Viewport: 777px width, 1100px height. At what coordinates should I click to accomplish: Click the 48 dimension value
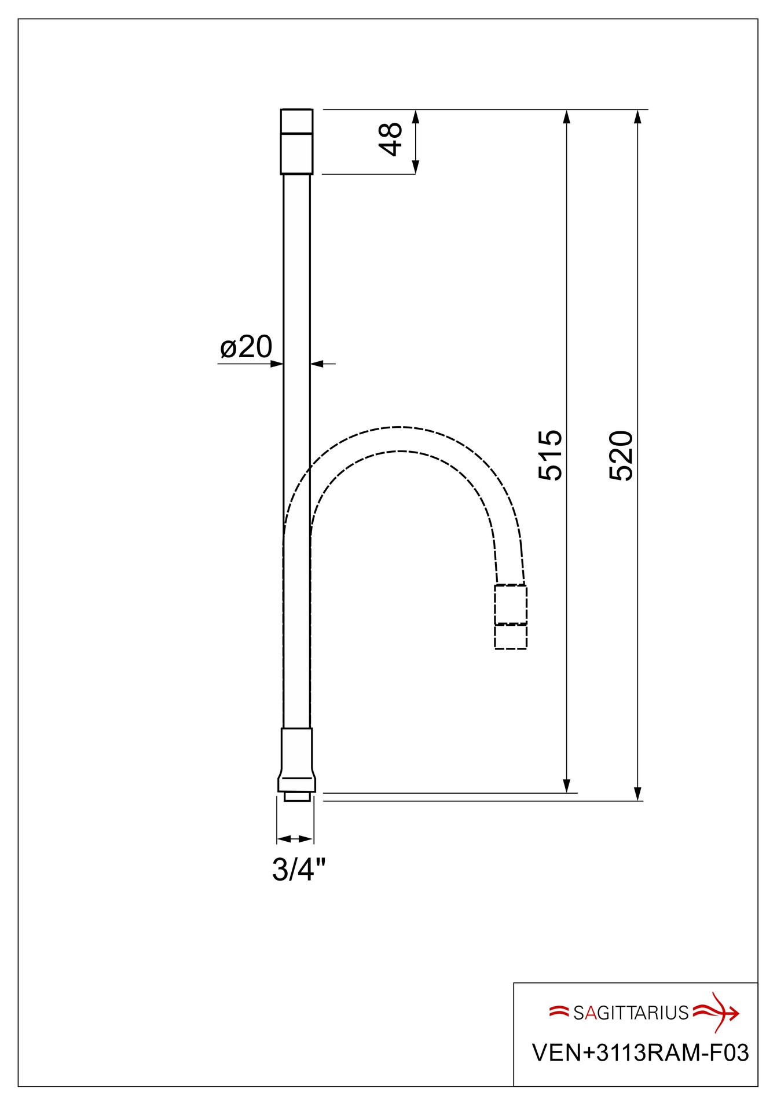pyautogui.click(x=393, y=140)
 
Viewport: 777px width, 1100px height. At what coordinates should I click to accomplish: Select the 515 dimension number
pyautogui.click(x=551, y=455)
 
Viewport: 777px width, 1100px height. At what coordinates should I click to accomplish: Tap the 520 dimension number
pyautogui.click(x=622, y=455)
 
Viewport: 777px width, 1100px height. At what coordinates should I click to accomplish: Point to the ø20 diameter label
pyautogui.click(x=246, y=347)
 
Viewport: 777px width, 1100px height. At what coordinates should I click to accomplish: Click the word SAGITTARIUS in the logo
pyautogui.click(x=631, y=1013)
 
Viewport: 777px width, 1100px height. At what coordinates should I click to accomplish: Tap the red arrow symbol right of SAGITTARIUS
pyautogui.click(x=717, y=1012)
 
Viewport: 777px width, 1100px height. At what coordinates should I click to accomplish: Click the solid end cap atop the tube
pyautogui.click(x=296, y=141)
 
